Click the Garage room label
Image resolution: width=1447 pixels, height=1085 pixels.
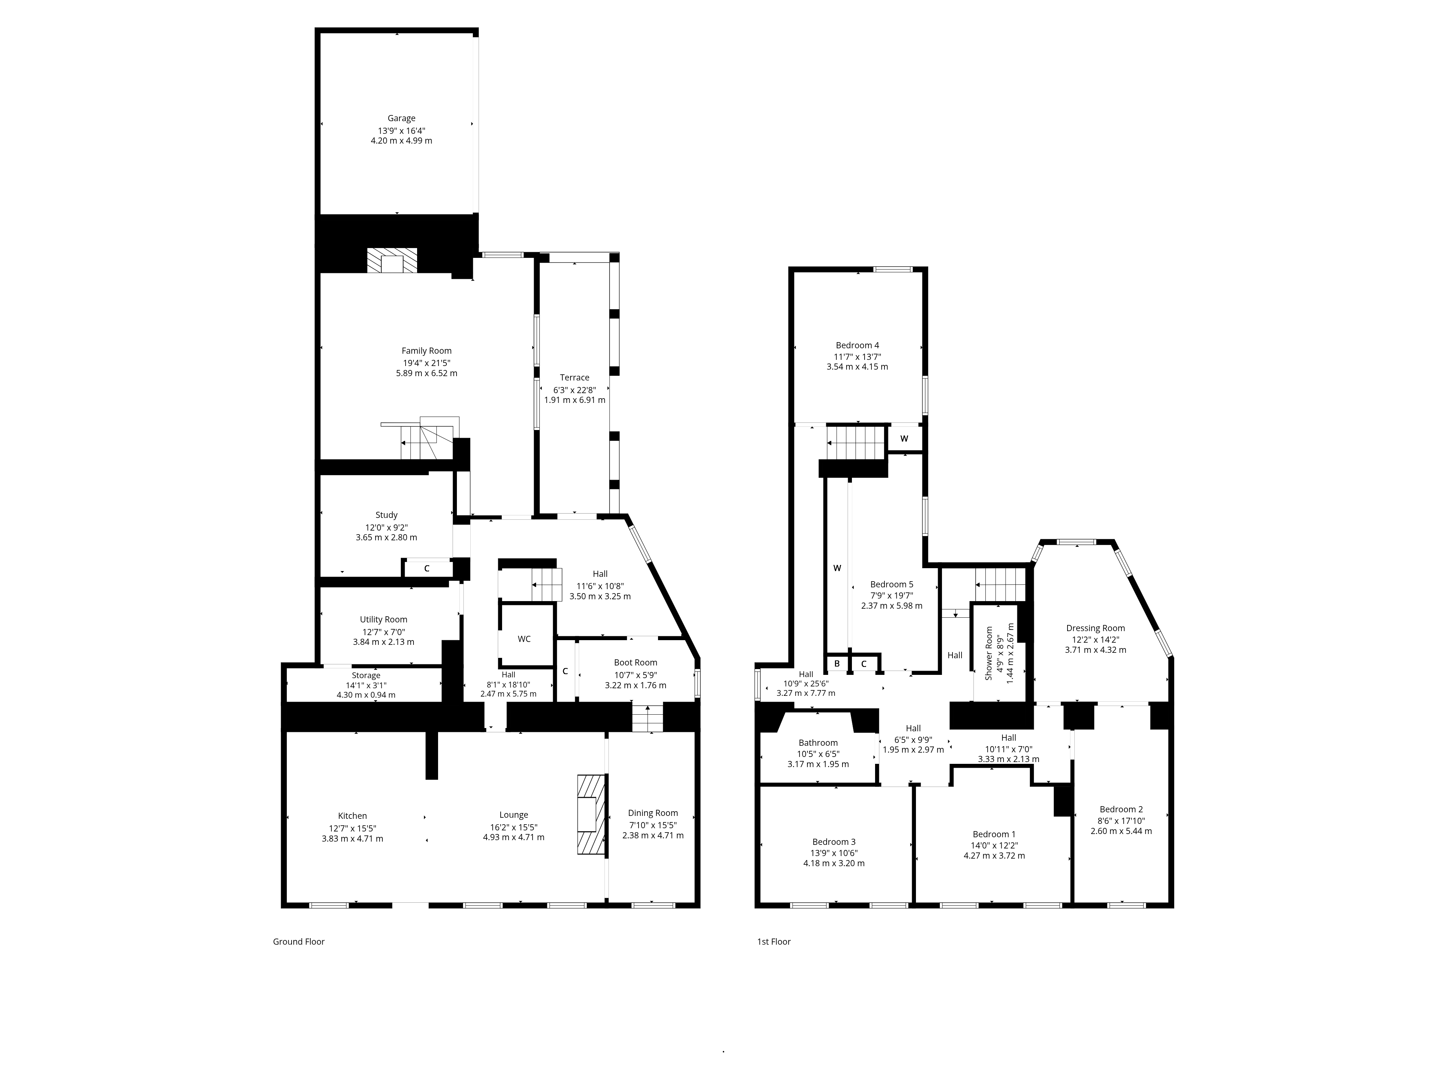tap(401, 118)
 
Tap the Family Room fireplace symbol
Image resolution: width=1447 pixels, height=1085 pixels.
tap(392, 260)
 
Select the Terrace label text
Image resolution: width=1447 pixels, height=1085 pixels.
tap(574, 377)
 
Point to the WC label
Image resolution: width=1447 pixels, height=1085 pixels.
tap(524, 639)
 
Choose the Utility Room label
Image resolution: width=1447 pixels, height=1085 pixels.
tap(383, 619)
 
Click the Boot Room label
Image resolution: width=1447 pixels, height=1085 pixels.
tap(635, 663)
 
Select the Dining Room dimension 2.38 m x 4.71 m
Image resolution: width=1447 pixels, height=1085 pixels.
tap(653, 835)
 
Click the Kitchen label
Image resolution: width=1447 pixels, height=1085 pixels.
tap(353, 816)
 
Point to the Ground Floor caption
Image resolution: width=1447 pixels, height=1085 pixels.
tap(299, 942)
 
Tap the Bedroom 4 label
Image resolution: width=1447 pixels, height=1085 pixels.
tap(858, 345)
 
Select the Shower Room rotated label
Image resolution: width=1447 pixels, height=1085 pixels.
tap(989, 654)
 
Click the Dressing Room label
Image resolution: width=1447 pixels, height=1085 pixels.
tap(1096, 628)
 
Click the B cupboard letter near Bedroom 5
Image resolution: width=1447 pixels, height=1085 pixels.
tap(837, 664)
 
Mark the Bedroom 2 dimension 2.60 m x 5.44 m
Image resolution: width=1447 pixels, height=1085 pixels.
tap(1121, 831)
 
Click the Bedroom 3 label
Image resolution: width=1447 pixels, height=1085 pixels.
tap(834, 842)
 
